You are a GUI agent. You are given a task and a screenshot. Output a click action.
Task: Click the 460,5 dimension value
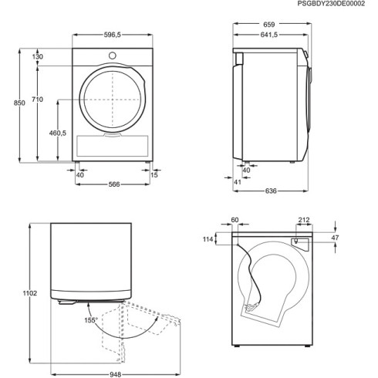tap(59, 133)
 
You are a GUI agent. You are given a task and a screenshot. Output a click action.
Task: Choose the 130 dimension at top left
tap(38, 57)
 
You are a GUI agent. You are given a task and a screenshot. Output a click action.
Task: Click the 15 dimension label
tap(155, 174)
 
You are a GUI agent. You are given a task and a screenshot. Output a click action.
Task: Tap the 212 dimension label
tap(303, 219)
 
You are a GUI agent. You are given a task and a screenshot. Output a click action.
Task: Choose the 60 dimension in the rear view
tap(235, 219)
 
